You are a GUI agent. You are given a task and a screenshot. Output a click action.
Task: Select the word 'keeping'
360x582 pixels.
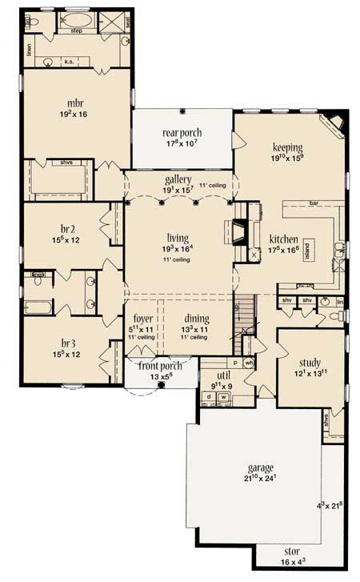pos(286,147)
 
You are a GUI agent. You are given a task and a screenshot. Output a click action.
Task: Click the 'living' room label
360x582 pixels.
pos(177,237)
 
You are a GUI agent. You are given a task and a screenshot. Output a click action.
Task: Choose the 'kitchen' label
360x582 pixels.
pos(284,239)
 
